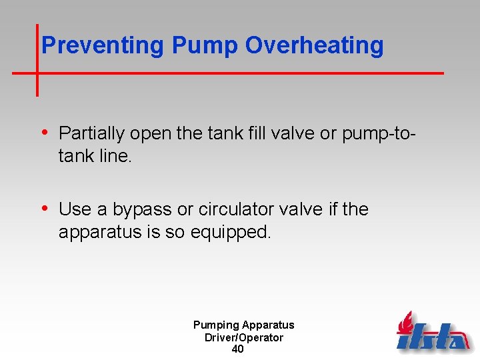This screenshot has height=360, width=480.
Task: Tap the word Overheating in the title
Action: point(315,45)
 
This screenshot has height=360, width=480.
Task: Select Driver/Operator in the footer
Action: point(243,337)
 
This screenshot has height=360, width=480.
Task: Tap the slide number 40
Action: point(237,349)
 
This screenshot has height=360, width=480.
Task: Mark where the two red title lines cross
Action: point(37,72)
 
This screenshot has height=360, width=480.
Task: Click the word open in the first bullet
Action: point(151,134)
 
